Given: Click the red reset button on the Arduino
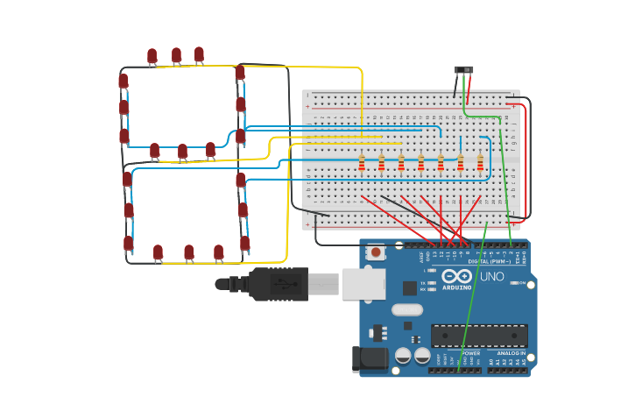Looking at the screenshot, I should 376,252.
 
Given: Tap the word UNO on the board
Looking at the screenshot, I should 491,277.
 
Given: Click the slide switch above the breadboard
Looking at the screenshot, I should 464,70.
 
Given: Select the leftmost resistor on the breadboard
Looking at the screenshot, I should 361,163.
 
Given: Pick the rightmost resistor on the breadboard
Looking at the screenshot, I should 480,163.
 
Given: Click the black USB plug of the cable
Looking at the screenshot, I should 278,284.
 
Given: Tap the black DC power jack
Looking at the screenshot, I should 369,359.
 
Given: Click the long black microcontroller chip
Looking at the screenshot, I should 478,336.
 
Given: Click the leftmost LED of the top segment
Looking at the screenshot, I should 152,57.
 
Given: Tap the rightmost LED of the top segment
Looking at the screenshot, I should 199,55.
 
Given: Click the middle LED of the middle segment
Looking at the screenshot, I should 182,152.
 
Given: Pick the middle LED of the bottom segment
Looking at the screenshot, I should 188,253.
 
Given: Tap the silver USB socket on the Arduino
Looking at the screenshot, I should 363,284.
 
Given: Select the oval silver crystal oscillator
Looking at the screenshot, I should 407,309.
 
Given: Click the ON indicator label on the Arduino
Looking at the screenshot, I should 522,283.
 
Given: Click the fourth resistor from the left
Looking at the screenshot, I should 420,163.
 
